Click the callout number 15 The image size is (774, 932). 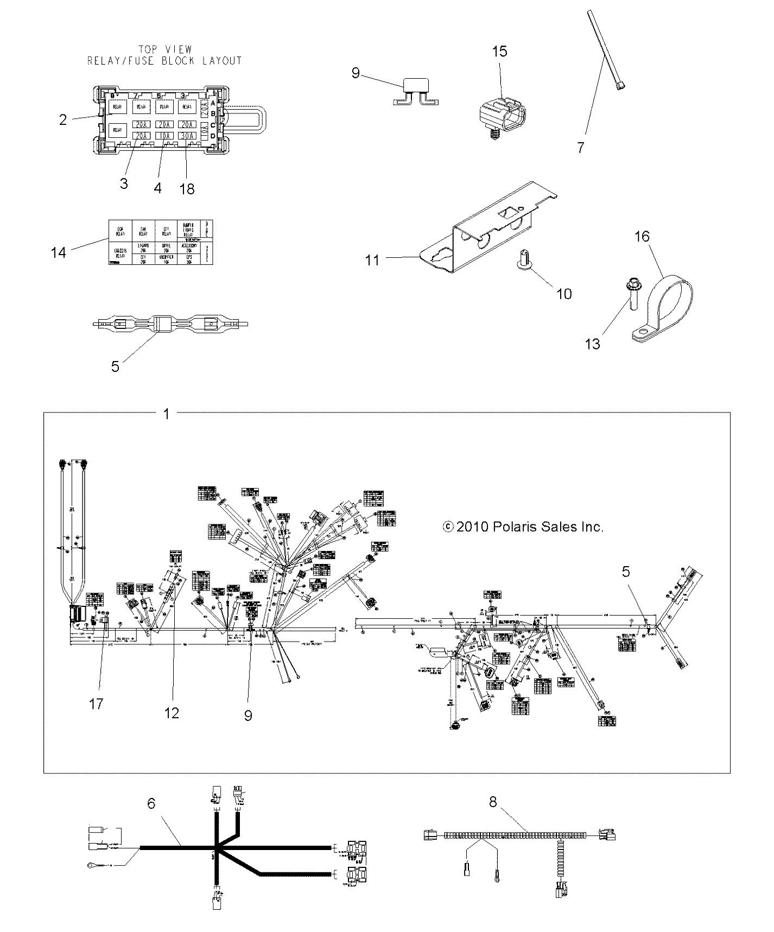pos(499,52)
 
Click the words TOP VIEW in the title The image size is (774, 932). pos(165,49)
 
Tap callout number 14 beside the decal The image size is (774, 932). pos(59,252)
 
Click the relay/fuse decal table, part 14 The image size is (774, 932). pos(160,242)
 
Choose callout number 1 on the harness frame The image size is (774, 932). pos(167,414)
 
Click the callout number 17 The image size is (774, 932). pos(96,704)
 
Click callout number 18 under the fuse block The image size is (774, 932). pos(187,188)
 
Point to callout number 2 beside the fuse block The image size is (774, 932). pos(63,119)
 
